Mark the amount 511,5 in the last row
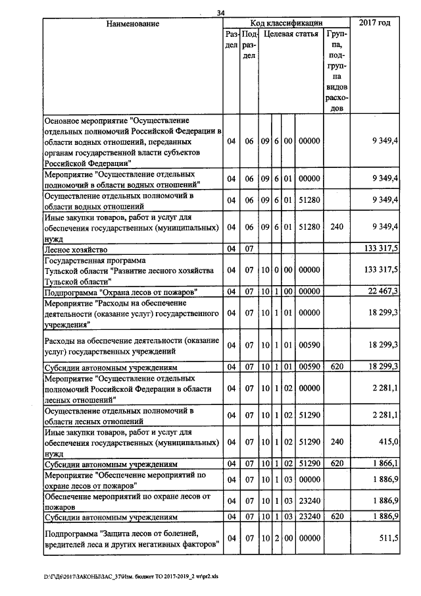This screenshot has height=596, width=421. (x=387, y=538)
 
